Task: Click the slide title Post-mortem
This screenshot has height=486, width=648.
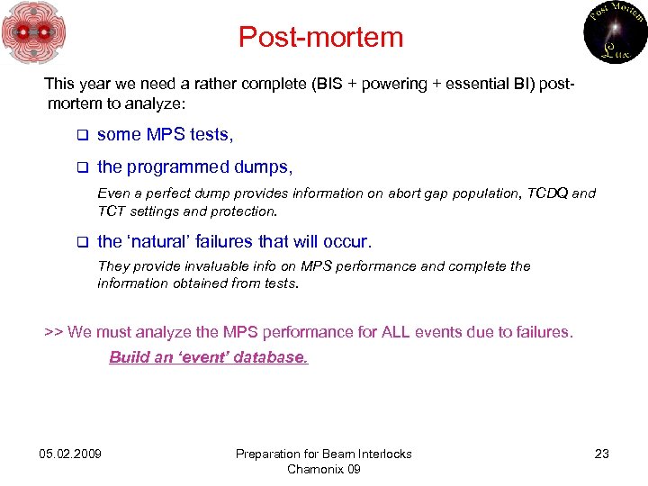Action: click(320, 37)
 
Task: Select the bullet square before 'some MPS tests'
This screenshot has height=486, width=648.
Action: click(80, 135)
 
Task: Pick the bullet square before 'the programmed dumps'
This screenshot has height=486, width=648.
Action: click(80, 167)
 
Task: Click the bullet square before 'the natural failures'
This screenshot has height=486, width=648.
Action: click(80, 242)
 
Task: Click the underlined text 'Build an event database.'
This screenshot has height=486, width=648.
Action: click(208, 357)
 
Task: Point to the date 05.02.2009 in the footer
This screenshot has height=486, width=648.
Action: click(70, 454)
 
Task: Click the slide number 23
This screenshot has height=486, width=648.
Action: click(602, 454)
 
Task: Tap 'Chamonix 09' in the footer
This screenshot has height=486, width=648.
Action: click(323, 469)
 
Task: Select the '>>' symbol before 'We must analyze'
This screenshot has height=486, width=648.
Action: click(53, 332)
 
